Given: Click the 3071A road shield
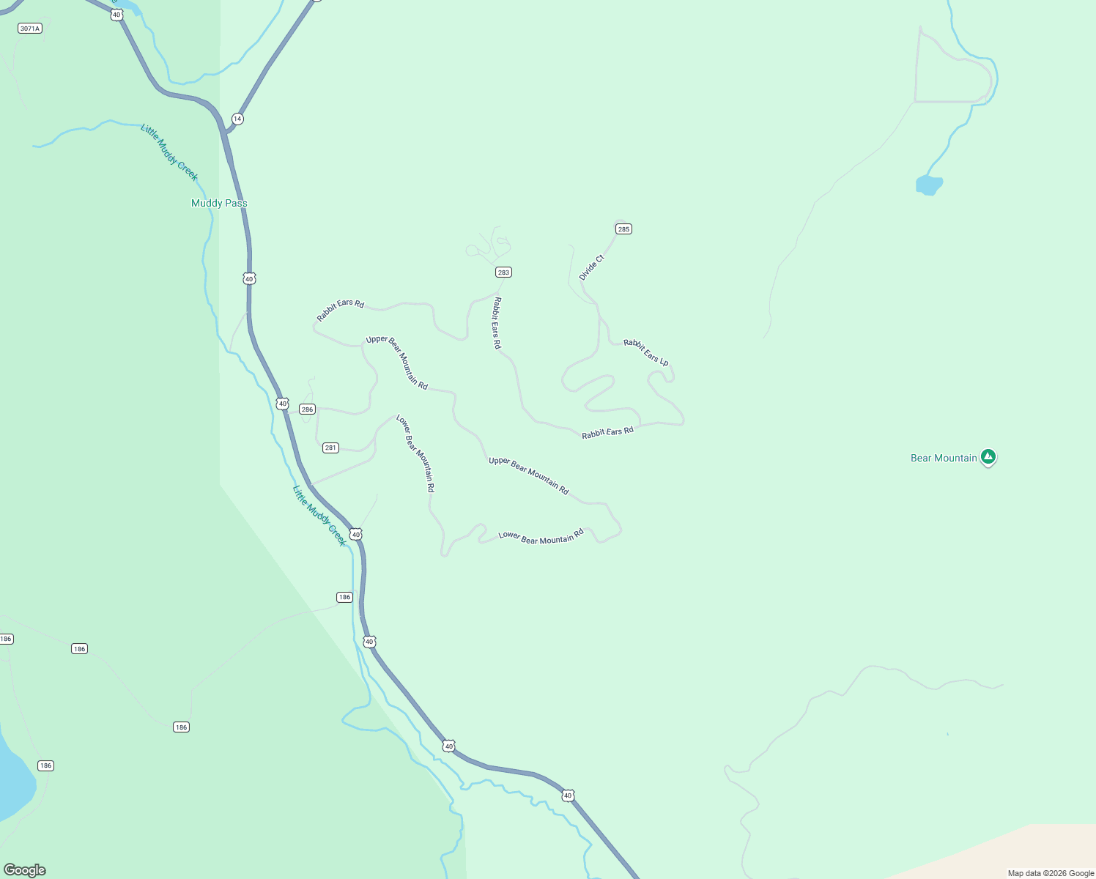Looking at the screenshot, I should tap(30, 29).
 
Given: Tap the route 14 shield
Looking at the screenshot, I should tap(237, 119).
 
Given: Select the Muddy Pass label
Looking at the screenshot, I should tap(219, 203).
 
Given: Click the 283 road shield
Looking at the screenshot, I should tap(503, 272).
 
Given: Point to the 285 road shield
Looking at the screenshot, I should tap(623, 229).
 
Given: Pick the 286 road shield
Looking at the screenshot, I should tap(307, 409).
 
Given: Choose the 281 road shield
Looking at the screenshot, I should tap(330, 448).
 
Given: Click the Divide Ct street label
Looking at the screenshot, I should tap(591, 268).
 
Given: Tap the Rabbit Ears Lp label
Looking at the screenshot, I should tap(646, 352).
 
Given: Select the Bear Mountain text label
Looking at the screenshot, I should tap(944, 458).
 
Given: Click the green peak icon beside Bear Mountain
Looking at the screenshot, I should tap(988, 457).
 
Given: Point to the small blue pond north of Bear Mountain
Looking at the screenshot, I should tap(928, 185).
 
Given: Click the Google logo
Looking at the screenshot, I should tap(25, 870).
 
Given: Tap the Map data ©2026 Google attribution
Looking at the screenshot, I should tap(1051, 873).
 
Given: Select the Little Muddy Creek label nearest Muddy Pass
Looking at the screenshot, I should tap(169, 153).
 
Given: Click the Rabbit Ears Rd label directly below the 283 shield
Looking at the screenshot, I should tap(497, 323).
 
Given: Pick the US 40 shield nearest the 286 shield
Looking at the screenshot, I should tap(283, 404).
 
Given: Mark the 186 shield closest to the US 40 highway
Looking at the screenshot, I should tap(345, 597).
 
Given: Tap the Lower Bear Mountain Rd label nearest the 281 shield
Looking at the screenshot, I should tap(415, 453).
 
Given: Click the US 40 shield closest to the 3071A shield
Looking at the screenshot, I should tap(116, 15).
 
